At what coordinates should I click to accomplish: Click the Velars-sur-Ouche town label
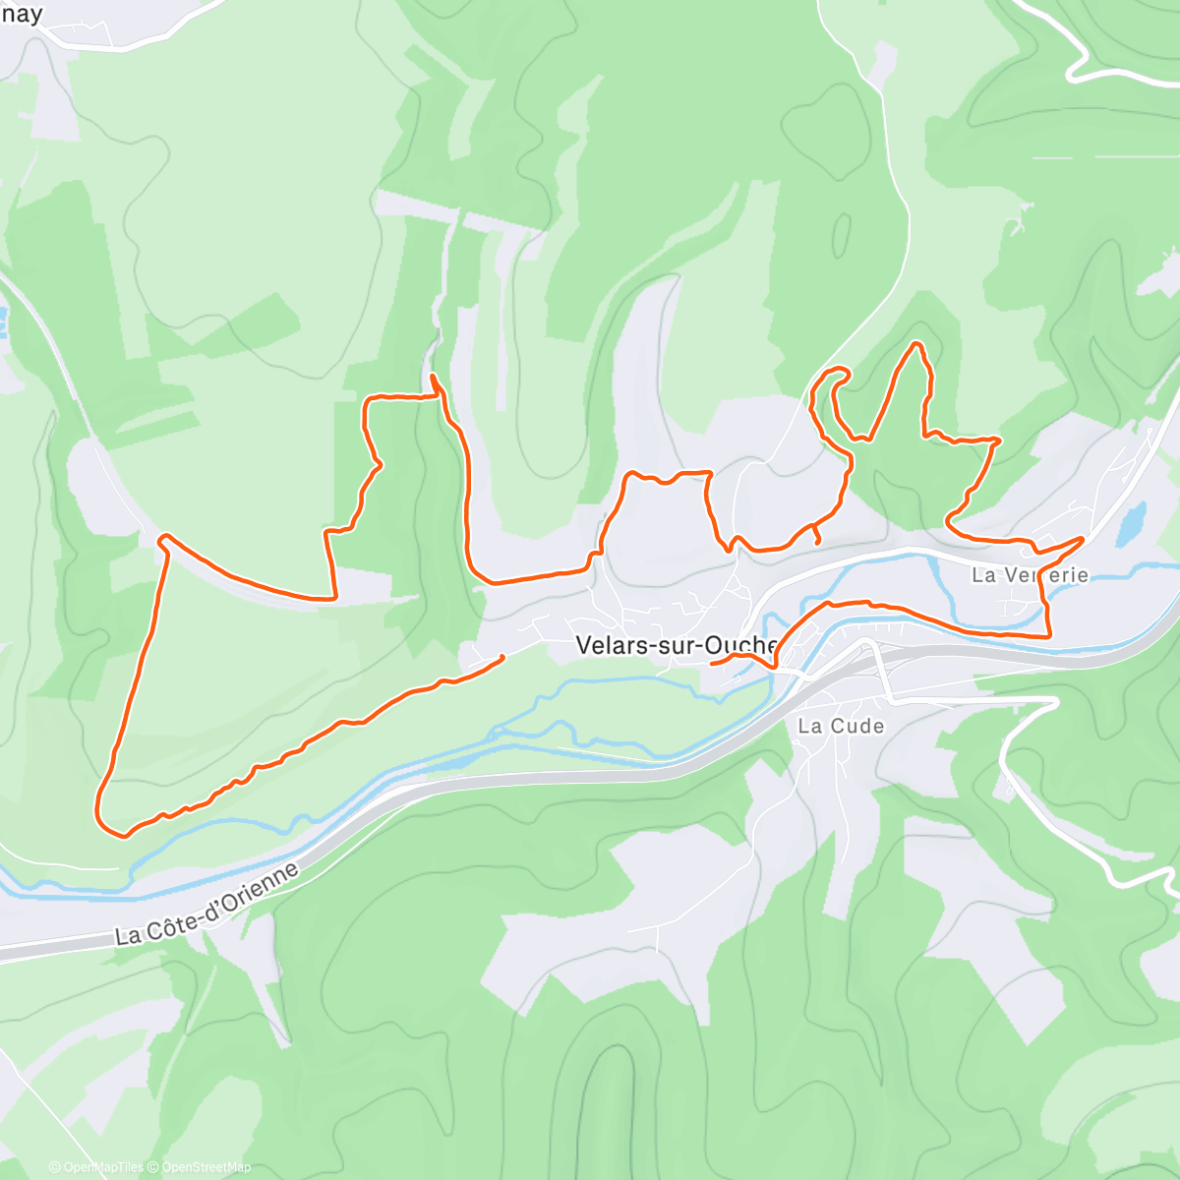pyautogui.click(x=678, y=645)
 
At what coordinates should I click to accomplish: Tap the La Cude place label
pyautogui.click(x=841, y=726)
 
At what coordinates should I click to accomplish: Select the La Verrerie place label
pyautogui.click(x=1030, y=574)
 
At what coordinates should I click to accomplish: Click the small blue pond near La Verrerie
pyautogui.click(x=1132, y=523)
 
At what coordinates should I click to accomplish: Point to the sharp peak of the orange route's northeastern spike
pyautogui.click(x=916, y=344)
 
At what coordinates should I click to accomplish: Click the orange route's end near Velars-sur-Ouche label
pyautogui.click(x=712, y=663)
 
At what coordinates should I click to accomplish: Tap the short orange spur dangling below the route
pyautogui.click(x=817, y=537)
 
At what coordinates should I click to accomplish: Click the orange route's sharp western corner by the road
pyautogui.click(x=164, y=537)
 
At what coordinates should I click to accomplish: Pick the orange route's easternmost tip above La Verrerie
pyautogui.click(x=1082, y=538)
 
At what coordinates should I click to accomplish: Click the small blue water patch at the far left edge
pyautogui.click(x=3, y=317)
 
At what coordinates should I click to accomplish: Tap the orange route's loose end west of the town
pyautogui.click(x=502, y=657)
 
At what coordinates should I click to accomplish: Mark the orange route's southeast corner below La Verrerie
pyautogui.click(x=1049, y=635)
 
